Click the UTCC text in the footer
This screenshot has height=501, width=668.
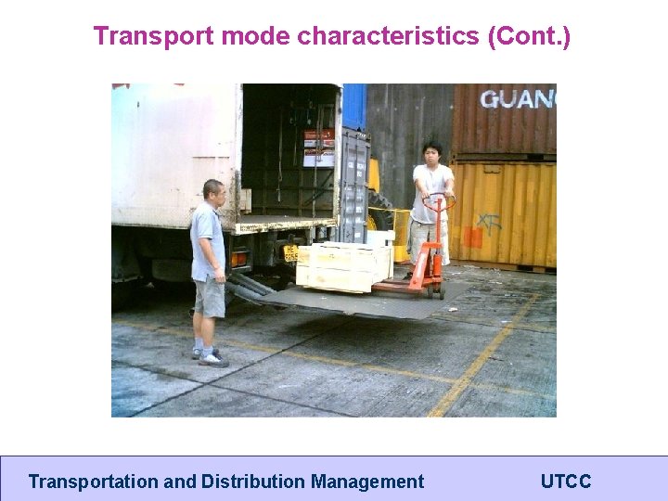(x=565, y=482)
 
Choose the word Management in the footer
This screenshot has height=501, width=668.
(x=367, y=482)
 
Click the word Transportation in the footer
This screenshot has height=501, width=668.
(x=93, y=482)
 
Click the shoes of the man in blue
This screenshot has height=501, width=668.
(x=210, y=356)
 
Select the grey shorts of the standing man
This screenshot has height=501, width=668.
(x=211, y=297)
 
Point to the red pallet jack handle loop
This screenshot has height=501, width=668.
(x=438, y=199)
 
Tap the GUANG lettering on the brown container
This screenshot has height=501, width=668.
(x=517, y=98)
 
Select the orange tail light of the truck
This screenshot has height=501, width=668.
(x=239, y=259)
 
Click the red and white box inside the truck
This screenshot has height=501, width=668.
(x=318, y=148)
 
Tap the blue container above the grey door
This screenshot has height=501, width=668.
(x=353, y=107)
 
